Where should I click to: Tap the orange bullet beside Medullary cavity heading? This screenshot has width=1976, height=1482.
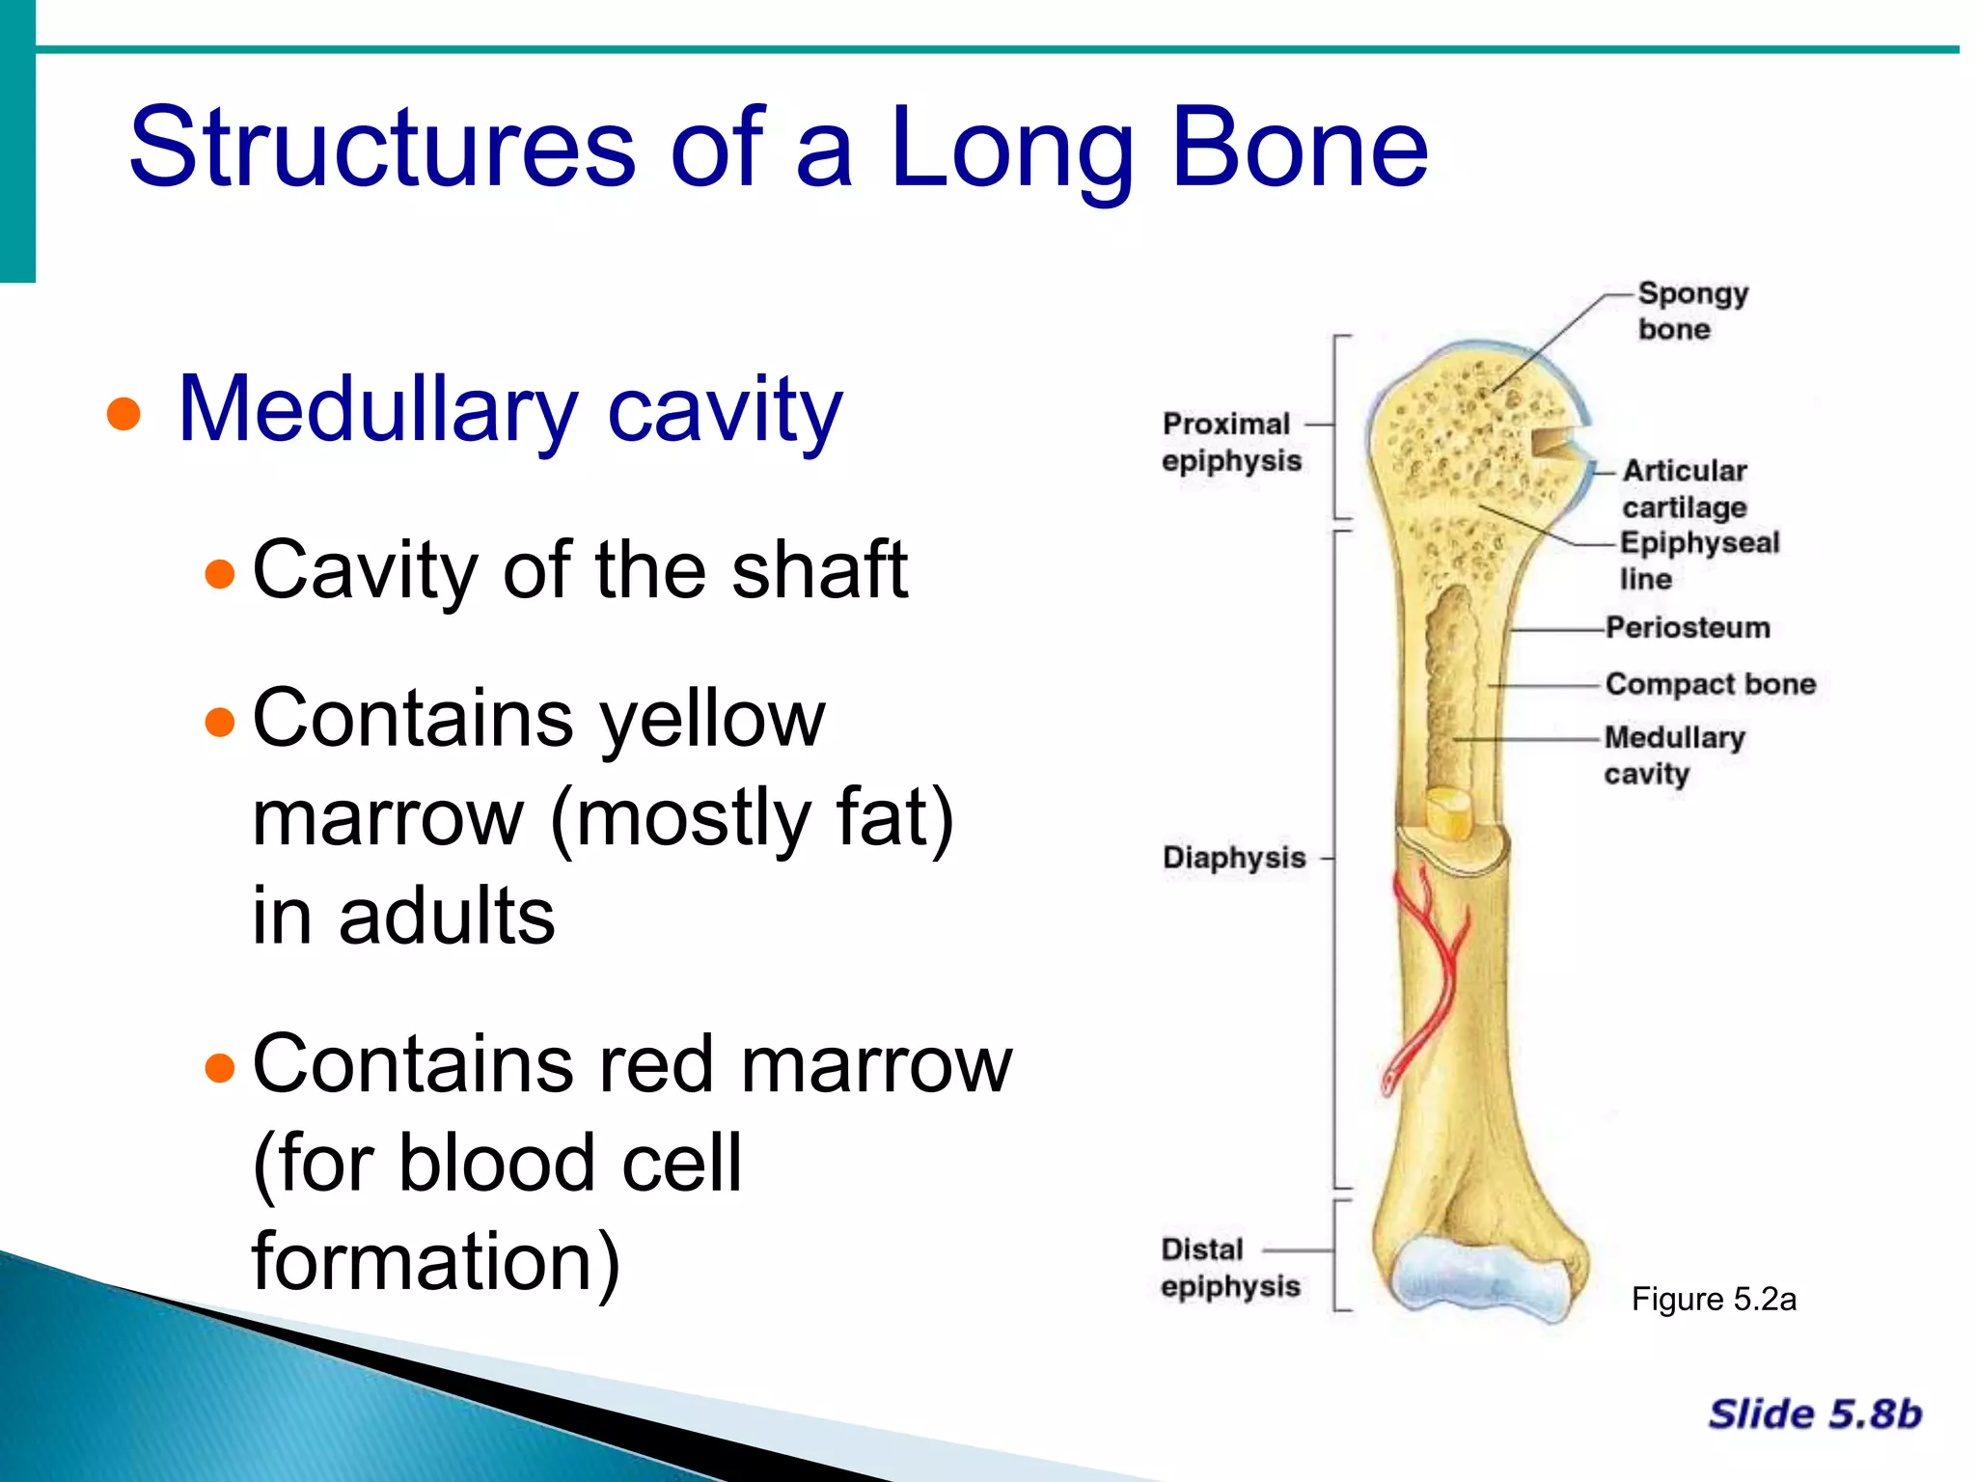[123, 414]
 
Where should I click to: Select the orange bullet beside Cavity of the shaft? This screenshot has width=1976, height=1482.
[220, 573]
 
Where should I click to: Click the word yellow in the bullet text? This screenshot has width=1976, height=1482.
[712, 719]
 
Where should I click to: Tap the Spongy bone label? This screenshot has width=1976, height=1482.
[1691, 311]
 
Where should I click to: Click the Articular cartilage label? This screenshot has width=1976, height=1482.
[1684, 488]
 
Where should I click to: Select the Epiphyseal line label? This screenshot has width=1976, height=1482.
[1698, 560]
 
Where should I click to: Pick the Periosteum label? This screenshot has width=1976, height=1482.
[1688, 628]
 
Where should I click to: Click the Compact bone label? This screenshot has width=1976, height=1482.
[1710, 684]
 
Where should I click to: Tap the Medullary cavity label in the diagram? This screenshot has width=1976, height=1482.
[1674, 755]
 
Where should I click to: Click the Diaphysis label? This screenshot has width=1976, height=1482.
[1233, 857]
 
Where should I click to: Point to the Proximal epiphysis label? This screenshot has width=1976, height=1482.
[1229, 442]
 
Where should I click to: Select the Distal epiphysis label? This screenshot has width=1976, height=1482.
[1229, 1267]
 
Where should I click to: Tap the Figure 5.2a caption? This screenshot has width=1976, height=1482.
[1713, 1300]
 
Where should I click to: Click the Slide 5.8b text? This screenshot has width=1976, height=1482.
[1814, 1413]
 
